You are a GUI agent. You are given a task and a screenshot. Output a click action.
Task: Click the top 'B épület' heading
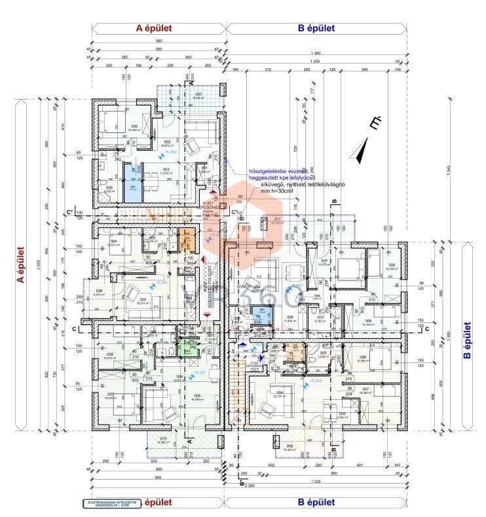pyautogui.click(x=316, y=28)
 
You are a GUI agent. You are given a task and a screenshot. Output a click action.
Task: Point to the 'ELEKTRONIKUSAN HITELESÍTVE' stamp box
pyautogui.click(x=111, y=504)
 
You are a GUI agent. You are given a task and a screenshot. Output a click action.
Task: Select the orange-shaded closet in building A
pyautogui.click(x=188, y=242)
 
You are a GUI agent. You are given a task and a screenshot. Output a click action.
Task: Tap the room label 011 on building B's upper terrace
pyautogui.click(x=277, y=220)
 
